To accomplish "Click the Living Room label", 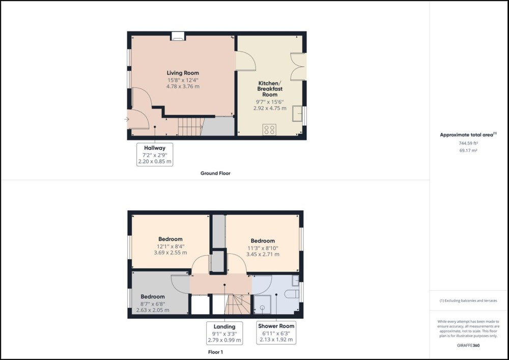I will tap(183, 73).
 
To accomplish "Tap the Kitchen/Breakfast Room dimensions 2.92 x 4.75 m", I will tap(271, 108).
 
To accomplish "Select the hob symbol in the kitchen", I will tap(269, 129).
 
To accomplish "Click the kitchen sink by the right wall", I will tap(297, 115).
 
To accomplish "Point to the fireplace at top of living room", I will tap(178, 36).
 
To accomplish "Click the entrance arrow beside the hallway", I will tap(126, 120).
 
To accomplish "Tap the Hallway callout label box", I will tap(155, 154).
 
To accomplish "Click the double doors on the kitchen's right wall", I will tap(298, 66).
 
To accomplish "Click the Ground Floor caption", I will tap(215, 173).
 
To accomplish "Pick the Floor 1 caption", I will tap(215, 352).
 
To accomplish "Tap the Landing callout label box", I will tap(224, 333).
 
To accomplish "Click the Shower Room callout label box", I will tap(276, 333).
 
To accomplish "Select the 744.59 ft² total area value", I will tap(469, 144).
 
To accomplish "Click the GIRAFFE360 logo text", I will tap(469, 345).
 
